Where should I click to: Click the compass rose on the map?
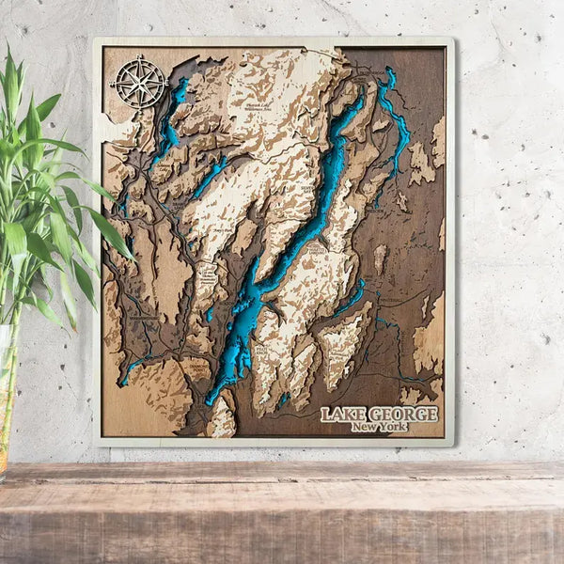[139, 82]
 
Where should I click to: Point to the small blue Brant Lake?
[211, 175]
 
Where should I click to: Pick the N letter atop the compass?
[139, 61]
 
